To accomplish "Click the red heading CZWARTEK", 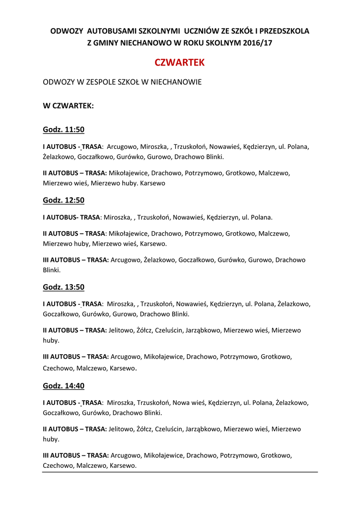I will [x=180, y=63].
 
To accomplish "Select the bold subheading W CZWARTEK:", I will [x=68, y=106].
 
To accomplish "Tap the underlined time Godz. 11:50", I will [x=64, y=130].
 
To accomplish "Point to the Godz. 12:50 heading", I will [x=64, y=200].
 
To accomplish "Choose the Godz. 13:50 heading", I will [x=64, y=287].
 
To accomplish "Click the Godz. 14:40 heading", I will [x=64, y=386].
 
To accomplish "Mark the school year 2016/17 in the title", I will [x=258, y=43].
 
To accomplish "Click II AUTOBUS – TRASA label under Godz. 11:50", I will [x=74, y=173].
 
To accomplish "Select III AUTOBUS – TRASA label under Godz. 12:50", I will [x=75, y=260].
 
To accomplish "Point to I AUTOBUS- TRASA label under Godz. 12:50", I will [x=72, y=217].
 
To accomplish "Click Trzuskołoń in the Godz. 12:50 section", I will [x=154, y=217].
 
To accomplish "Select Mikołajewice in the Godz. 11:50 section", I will [x=128, y=173].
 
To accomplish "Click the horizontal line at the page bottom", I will [x=180, y=472].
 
